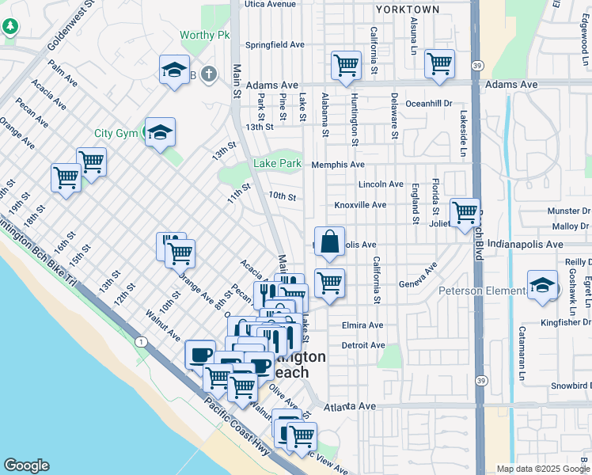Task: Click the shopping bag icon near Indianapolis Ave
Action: coord(329,241)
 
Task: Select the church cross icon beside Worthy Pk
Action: coord(208,74)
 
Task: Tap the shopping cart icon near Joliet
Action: coord(465,212)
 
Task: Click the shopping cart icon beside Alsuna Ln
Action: coord(439,63)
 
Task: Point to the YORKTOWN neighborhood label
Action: coord(408,9)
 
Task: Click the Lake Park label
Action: coord(277,164)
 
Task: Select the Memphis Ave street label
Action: coord(338,165)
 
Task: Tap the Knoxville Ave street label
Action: coord(360,205)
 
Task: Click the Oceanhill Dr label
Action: coord(427,104)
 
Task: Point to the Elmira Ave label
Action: coord(362,325)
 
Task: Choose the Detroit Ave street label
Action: coord(362,346)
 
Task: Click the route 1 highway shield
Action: coord(140,342)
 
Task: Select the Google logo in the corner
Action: coord(26,465)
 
